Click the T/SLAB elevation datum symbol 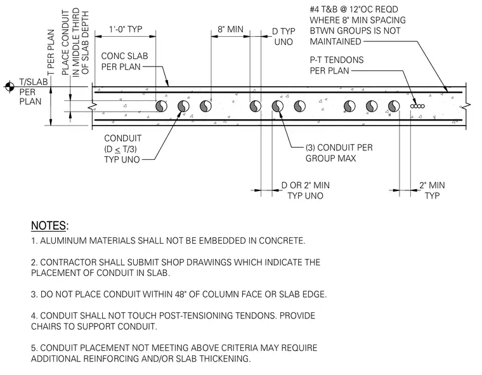(10, 86)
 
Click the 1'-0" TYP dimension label (126, 29)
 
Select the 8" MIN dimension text (231, 29)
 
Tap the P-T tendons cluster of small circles (417, 106)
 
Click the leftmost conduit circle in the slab (161, 107)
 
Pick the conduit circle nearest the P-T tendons (394, 107)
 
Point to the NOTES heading (50, 226)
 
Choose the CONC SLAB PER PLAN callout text (124, 61)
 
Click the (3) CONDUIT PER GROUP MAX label (339, 153)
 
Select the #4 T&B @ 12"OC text (354, 10)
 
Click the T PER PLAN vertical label (51, 52)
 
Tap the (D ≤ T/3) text (120, 149)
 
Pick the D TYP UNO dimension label (283, 37)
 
